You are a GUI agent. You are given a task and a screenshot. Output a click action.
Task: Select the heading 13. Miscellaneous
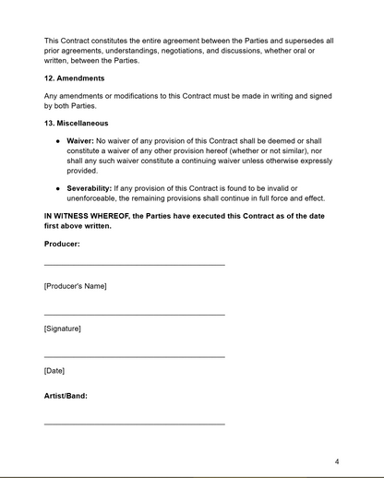click(76, 123)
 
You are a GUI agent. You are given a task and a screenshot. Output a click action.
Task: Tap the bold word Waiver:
click(81, 139)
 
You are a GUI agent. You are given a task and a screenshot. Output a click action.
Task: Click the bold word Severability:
click(90, 188)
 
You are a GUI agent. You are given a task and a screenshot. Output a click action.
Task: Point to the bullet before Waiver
click(57, 139)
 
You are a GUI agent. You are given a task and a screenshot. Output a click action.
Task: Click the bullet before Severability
click(57, 188)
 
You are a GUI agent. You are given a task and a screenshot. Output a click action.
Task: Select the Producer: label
click(62, 244)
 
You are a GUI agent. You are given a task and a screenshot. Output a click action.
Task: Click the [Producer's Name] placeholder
click(75, 286)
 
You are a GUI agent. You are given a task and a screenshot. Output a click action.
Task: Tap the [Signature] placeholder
click(62, 329)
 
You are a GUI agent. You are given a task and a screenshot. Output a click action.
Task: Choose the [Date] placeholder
click(54, 371)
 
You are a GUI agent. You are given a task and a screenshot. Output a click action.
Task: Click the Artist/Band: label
click(66, 396)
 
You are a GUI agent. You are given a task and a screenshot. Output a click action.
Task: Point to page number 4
click(337, 461)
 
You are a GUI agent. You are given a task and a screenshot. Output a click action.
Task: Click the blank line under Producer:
click(134, 265)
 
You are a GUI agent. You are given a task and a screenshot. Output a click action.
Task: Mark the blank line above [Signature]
click(134, 315)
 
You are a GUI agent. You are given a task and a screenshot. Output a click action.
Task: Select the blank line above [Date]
click(134, 356)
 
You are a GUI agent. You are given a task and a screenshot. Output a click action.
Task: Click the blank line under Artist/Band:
click(134, 424)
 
